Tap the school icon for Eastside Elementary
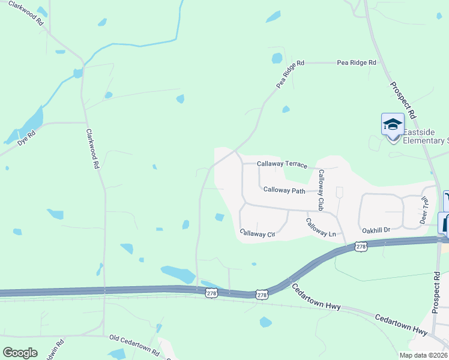click(x=393, y=125)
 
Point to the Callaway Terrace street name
click(x=282, y=164)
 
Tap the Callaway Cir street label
click(x=257, y=233)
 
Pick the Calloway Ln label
click(x=321, y=228)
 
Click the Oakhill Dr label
click(x=376, y=230)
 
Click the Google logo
click(x=20, y=353)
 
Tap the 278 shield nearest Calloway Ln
click(x=360, y=246)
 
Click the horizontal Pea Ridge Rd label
click(x=356, y=62)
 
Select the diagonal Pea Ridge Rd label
click(x=291, y=74)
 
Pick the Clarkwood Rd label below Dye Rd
click(x=91, y=149)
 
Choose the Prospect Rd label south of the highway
click(x=436, y=292)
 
